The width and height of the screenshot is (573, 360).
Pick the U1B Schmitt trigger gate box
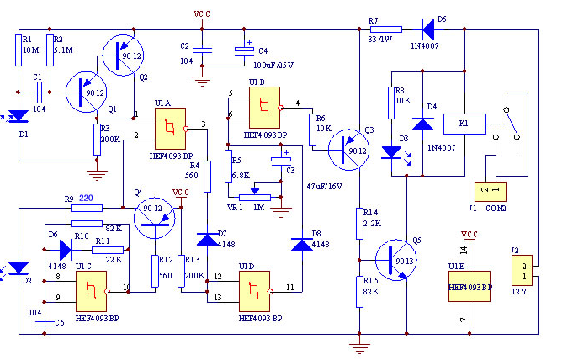[x=264, y=106]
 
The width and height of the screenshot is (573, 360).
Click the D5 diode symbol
[x=428, y=29]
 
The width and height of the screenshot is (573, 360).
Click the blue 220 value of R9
[x=85, y=199]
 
